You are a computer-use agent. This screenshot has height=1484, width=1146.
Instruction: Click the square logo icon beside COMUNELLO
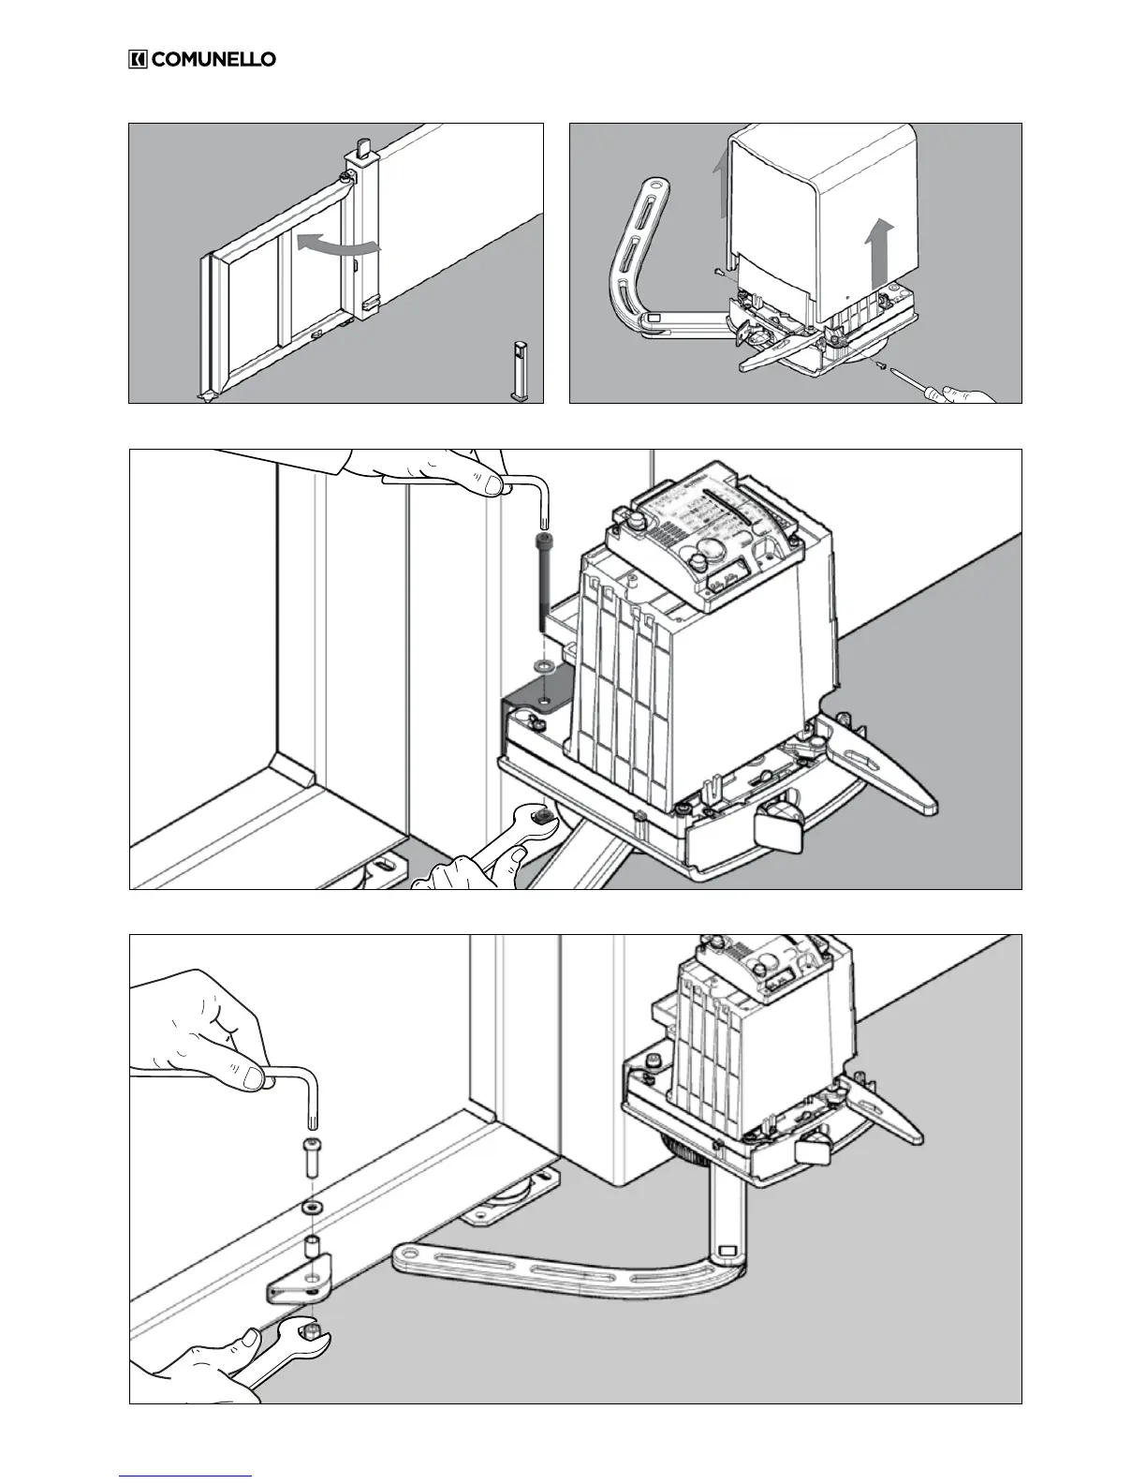pyautogui.click(x=138, y=59)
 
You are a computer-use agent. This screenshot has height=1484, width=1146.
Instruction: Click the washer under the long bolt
pyautogui.click(x=542, y=665)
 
